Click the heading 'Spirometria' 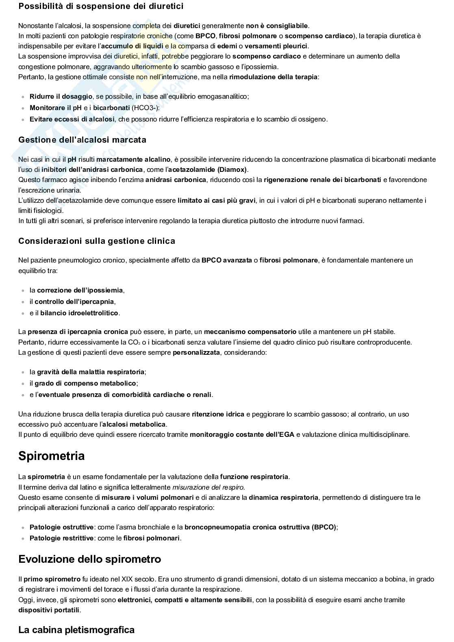[52, 456]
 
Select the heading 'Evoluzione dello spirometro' [89, 559]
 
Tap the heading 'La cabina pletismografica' [76, 630]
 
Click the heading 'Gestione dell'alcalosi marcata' [82, 140]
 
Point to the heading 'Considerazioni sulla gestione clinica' [97, 241]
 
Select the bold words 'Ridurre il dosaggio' [61, 96]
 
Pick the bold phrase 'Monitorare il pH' [56, 108]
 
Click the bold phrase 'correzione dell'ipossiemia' [80, 290]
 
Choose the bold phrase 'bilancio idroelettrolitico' [79, 313]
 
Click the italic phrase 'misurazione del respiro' [209, 487]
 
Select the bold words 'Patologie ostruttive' [61, 527]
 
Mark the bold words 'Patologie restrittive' [61, 538]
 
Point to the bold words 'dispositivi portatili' [49, 610]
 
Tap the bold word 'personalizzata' [196, 352]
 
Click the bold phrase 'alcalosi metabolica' [134, 424]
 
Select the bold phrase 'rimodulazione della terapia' [273, 77]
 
